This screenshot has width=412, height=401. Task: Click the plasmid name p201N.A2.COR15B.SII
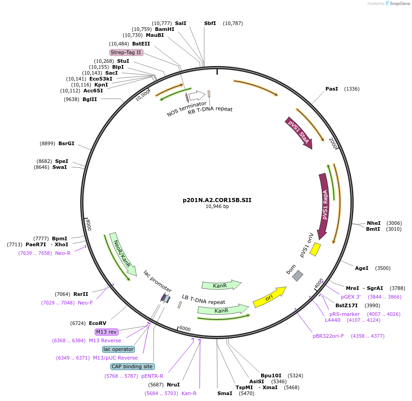pos(217,200)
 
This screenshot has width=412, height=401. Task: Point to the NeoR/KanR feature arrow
pos(122,254)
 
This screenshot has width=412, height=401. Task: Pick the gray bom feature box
pos(298,275)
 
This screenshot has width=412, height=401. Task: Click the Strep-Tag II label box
pos(126,52)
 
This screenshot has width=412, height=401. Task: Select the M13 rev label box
pos(106,332)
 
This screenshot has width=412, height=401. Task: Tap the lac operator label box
pos(118,349)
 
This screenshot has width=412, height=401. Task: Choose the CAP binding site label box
pos(132,366)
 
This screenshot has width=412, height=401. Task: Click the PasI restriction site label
pos(332,89)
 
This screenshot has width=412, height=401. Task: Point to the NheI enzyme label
pos(374,223)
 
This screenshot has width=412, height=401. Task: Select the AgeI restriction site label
pos(361,268)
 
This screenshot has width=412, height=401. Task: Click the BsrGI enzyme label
pos(66,143)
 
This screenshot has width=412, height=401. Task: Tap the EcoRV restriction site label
pos(98,323)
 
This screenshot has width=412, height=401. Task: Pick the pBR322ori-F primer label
pos(329,336)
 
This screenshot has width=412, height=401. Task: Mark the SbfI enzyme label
pos(210,23)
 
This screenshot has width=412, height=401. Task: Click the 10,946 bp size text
pos(217,207)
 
